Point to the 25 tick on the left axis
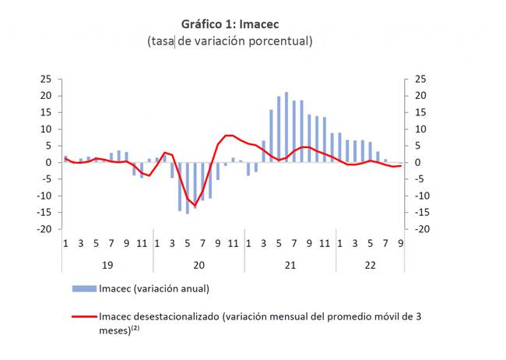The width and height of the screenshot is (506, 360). pyautogui.click(x=45, y=79)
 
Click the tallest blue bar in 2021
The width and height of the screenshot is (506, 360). pyautogui.click(x=286, y=127)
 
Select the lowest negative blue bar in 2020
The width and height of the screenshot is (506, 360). pyautogui.click(x=188, y=188)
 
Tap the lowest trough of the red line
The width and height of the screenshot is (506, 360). pyautogui.click(x=195, y=206)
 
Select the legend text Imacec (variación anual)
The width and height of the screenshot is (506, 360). pyautogui.click(x=154, y=288)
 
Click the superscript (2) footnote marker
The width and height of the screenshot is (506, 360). pyautogui.click(x=134, y=328)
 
